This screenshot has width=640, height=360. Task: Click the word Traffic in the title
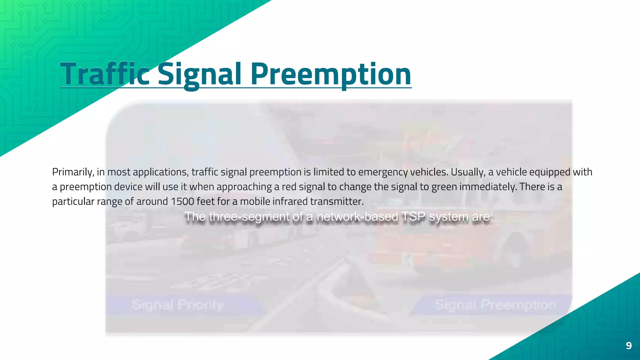tap(105, 74)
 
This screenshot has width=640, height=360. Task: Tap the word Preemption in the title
tap(331, 74)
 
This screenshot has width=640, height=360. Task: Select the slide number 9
tap(629, 346)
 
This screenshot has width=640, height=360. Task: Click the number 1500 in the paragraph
tap(182, 202)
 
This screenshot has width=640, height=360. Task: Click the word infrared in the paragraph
tap(290, 202)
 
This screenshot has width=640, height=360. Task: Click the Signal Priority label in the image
tap(177, 305)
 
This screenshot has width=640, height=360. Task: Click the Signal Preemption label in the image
tap(495, 305)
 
